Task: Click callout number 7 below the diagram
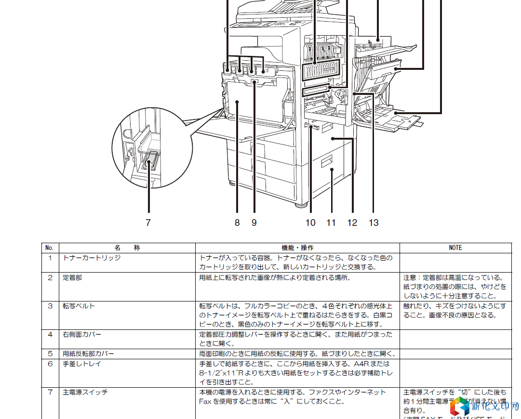(x=148, y=223)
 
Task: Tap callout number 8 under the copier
(x=237, y=223)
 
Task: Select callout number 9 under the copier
(x=254, y=223)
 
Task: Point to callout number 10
(x=310, y=223)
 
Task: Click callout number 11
(x=331, y=223)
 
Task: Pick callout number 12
(x=352, y=223)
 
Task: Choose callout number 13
(x=374, y=223)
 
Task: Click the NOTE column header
(x=455, y=248)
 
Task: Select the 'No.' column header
(x=49, y=248)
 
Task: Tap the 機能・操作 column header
(x=297, y=248)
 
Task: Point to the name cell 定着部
(x=72, y=278)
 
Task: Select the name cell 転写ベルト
(x=79, y=306)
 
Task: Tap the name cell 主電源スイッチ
(x=85, y=393)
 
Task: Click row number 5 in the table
(x=50, y=354)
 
